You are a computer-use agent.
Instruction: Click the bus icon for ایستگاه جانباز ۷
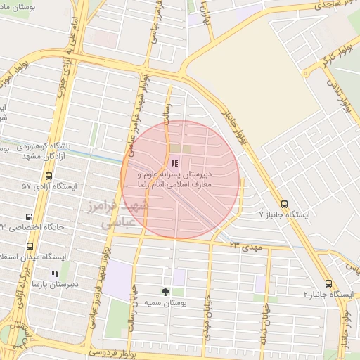click(283, 202)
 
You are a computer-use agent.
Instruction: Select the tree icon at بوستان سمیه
click(165, 290)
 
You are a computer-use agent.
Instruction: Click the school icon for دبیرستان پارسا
click(55, 274)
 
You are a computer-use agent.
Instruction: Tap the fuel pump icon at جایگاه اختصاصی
click(29, 217)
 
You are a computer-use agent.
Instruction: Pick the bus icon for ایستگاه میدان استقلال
click(30, 247)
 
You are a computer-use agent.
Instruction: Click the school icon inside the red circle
click(174, 162)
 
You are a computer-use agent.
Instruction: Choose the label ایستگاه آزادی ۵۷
click(49, 186)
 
